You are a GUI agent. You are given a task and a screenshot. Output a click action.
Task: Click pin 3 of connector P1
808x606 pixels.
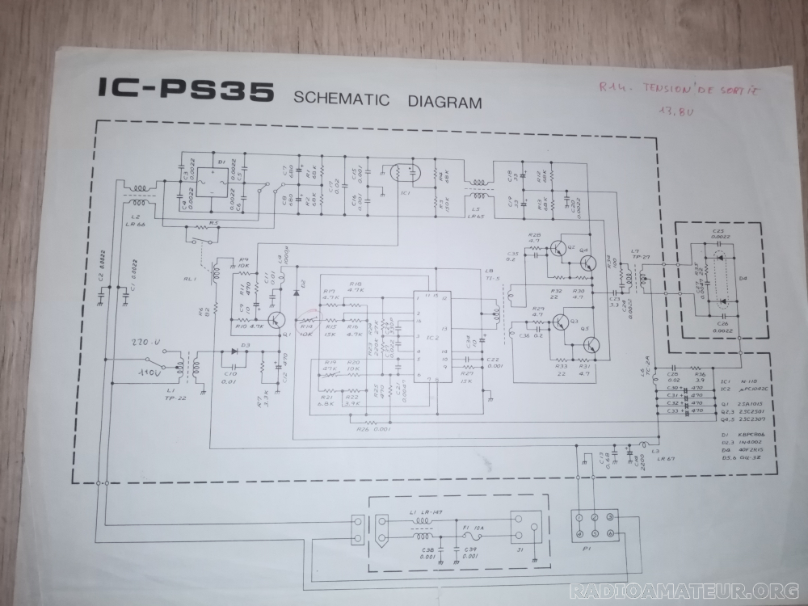610,517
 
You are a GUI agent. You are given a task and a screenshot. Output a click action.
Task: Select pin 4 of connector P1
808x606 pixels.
580,535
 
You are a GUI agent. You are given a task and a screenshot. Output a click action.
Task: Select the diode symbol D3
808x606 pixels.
235,351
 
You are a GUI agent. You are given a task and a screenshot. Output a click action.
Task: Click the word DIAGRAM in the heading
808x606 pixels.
445,102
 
